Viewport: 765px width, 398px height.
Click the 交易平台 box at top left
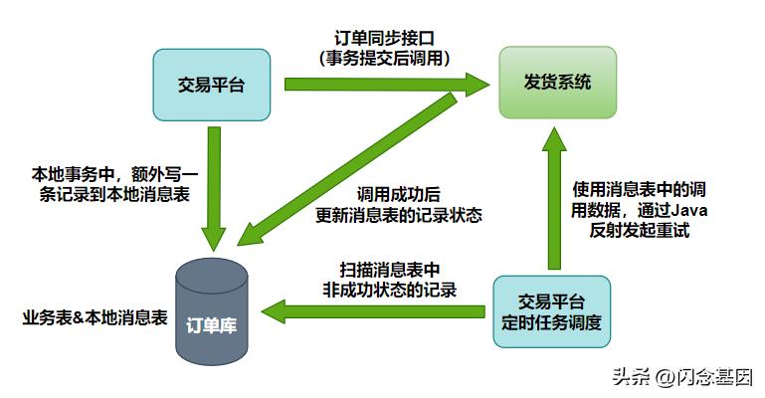211,85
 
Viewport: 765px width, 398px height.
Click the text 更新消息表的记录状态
397,215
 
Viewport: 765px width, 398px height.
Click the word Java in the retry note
688,209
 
